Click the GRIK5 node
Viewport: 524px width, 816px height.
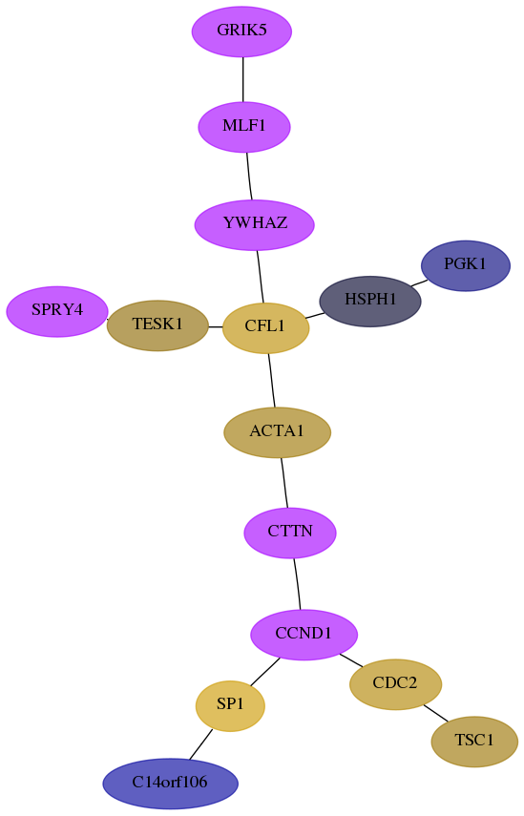(241, 31)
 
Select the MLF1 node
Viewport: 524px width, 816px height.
(244, 127)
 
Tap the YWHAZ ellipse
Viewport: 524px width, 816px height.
(255, 225)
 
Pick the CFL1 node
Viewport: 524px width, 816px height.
(265, 328)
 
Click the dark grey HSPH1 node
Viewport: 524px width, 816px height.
(370, 301)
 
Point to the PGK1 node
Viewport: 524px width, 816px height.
(465, 265)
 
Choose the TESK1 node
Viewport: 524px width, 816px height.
(157, 325)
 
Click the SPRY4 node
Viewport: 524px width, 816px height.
(57, 311)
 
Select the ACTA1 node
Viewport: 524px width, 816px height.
(278, 432)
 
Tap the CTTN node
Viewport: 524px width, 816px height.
(290, 533)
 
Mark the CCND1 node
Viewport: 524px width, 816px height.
(304, 635)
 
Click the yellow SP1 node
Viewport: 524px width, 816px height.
(230, 705)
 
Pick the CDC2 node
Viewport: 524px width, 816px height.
(395, 683)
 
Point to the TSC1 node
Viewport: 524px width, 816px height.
(474, 741)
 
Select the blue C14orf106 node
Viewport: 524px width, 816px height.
(170, 784)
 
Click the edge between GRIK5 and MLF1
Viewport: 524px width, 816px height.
(243, 79)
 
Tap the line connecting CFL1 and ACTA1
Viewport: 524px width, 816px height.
(271, 380)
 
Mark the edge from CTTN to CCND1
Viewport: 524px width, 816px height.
(297, 583)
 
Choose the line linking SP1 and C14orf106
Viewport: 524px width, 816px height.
(200, 744)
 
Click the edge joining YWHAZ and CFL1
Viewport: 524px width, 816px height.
(261, 277)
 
